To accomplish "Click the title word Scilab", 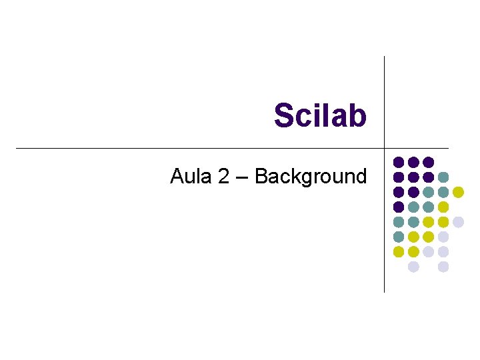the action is point(320,115).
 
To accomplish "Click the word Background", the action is point(311,177).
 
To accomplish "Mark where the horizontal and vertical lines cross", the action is point(385,148).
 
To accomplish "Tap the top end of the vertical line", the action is point(385,57).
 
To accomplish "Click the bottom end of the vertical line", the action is point(385,291).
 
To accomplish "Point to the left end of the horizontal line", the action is point(16,148).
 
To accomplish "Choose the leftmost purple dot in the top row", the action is point(399,162).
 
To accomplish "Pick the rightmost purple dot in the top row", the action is point(429,162).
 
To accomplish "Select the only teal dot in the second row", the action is point(443,177).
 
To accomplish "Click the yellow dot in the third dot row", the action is point(458,192).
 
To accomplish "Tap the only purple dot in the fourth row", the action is point(399,207).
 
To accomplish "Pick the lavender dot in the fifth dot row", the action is point(458,222).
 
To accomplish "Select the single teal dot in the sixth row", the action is point(399,237).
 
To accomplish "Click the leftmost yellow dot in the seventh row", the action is point(399,251).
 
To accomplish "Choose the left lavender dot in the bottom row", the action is point(413,267).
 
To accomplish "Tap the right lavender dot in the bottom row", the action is point(443,267).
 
